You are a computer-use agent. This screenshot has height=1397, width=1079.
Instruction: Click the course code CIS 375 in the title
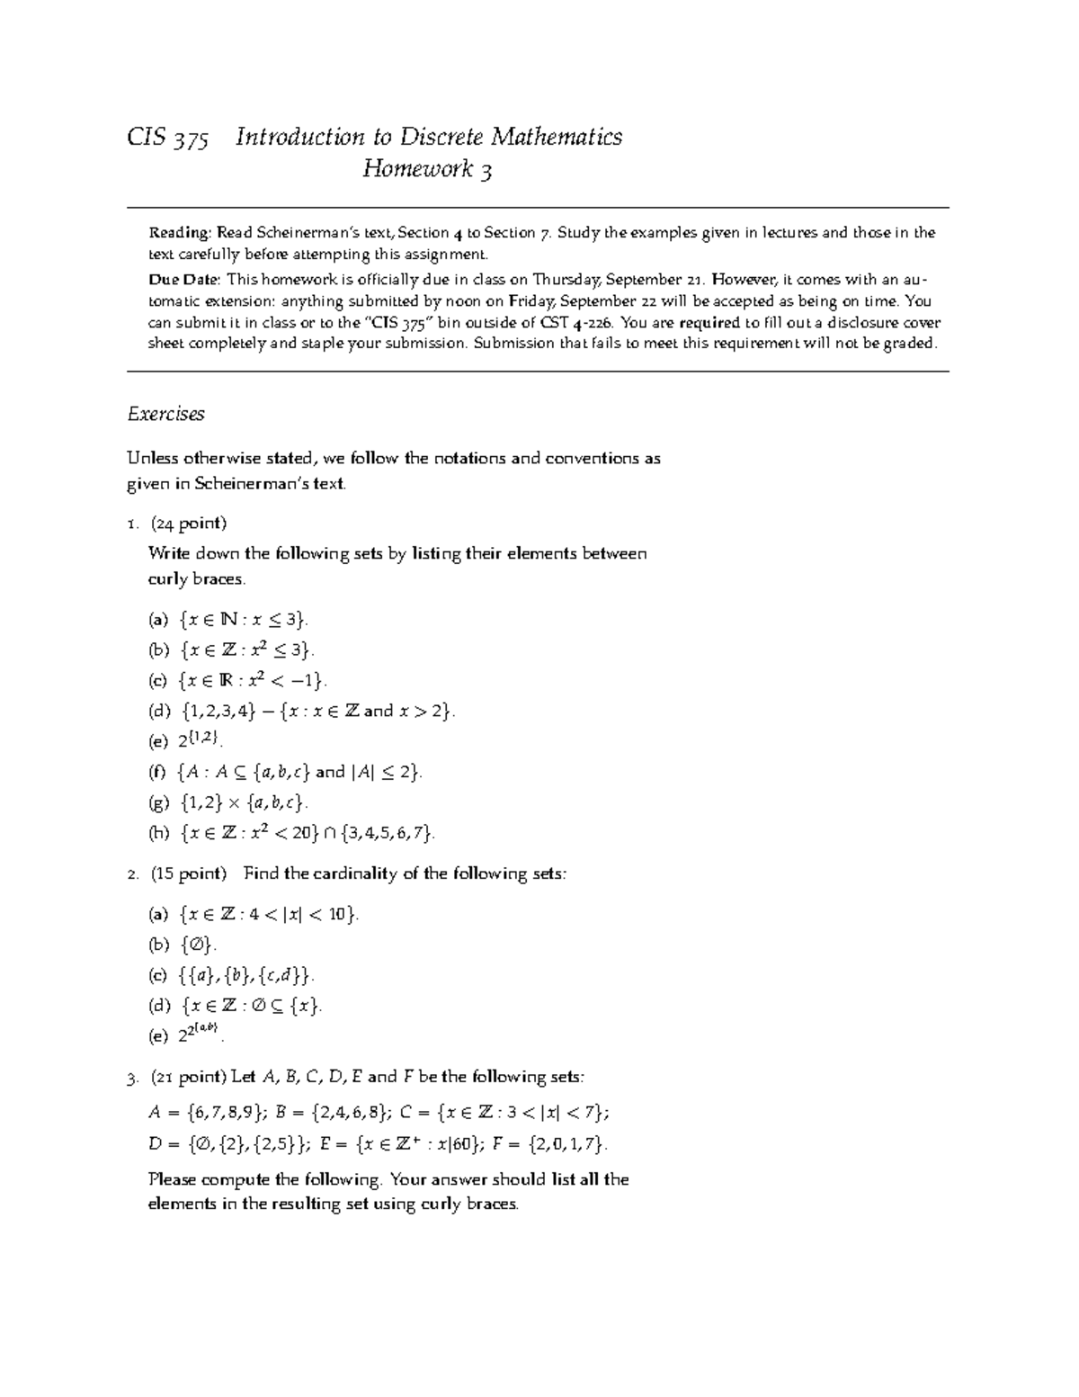click(x=168, y=137)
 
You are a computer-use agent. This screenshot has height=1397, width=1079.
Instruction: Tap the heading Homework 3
click(x=427, y=169)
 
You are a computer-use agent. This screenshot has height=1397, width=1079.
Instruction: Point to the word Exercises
click(x=166, y=414)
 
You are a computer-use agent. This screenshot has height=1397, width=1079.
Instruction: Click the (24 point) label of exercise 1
click(x=188, y=524)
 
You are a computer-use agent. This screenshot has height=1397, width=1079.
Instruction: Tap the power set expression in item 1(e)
click(x=198, y=740)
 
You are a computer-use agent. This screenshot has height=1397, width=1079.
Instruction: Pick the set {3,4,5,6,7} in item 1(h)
click(x=386, y=833)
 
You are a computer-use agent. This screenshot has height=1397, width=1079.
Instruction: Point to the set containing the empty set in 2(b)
click(x=197, y=945)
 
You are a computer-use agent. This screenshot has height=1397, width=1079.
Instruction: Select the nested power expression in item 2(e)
click(x=199, y=1034)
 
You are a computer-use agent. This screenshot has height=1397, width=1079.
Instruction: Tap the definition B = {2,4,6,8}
click(x=334, y=1113)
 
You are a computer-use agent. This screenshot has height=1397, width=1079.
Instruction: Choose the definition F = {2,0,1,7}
click(x=551, y=1144)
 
